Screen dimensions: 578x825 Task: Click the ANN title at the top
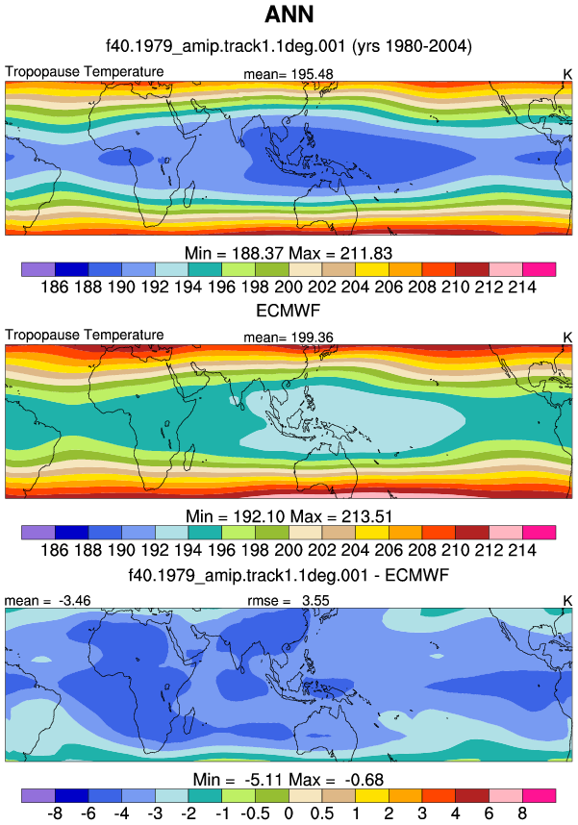(289, 14)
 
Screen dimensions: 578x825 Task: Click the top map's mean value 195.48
(312, 74)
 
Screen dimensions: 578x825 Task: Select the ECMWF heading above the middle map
(288, 311)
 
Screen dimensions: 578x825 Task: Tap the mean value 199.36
(312, 337)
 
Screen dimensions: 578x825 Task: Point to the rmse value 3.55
(315, 600)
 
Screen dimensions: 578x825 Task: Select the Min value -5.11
(262, 780)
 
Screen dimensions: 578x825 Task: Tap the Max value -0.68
(364, 780)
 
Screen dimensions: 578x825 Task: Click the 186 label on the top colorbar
(55, 287)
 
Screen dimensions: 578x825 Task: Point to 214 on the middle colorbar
(522, 550)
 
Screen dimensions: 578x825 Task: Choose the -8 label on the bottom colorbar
(55, 813)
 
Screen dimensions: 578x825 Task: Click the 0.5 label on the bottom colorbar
(321, 813)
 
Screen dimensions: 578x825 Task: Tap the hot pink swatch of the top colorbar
(539, 269)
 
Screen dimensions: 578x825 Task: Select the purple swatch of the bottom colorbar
(38, 795)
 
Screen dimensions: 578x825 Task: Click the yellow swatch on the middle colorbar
(372, 533)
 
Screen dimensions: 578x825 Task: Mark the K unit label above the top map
(567, 75)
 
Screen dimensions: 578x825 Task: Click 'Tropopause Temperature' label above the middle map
(85, 335)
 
